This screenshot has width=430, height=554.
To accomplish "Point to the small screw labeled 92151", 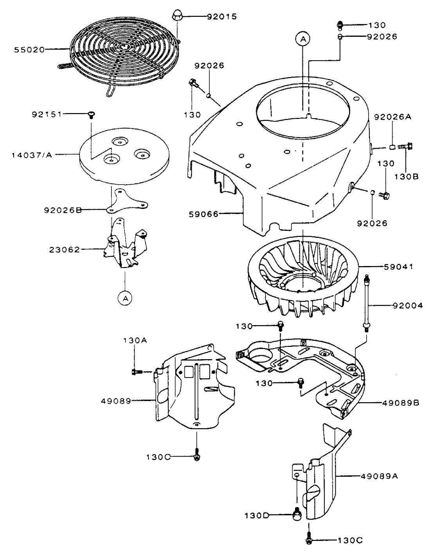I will pyautogui.click(x=92, y=114).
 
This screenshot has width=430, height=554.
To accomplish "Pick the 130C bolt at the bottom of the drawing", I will pyautogui.click(x=309, y=540).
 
